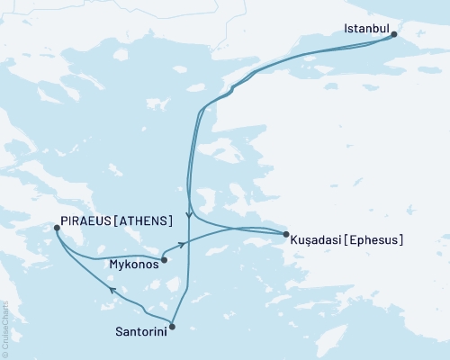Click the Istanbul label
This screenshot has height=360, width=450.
point(366,30)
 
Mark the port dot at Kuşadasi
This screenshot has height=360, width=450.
point(286,235)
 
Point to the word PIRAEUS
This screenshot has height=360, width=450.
point(85,220)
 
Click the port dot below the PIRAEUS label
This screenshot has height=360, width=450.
point(57,229)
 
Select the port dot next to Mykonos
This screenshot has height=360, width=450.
point(164,261)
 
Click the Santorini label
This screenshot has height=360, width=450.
point(141,332)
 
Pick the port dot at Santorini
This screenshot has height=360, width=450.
point(172,327)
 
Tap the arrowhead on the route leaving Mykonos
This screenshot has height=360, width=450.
point(182,244)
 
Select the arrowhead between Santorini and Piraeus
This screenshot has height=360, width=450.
point(112,291)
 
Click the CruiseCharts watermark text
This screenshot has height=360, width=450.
point(5,328)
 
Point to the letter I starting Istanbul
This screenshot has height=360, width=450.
point(346,30)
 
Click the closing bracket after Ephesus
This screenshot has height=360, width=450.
point(400,240)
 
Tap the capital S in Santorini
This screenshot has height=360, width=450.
point(120,332)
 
